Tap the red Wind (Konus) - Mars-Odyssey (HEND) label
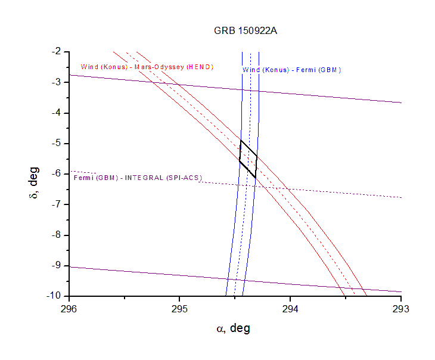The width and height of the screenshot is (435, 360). [x=147, y=67]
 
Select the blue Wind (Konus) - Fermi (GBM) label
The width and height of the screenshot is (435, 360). [x=291, y=70]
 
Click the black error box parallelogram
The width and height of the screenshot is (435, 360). [x=248, y=159]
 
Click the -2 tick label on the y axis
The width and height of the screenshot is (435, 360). [x=57, y=52]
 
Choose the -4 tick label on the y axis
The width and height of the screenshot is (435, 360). [x=57, y=113]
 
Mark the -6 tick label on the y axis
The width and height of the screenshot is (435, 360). [x=57, y=173]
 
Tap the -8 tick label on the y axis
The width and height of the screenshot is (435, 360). [x=57, y=234]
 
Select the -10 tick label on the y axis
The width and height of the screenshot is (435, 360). [x=55, y=296]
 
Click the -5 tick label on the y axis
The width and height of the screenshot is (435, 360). [x=57, y=143]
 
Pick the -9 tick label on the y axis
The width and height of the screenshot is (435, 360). [x=57, y=265]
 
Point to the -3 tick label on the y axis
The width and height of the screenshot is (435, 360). [x=57, y=82]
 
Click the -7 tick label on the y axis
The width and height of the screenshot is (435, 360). [x=57, y=204]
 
